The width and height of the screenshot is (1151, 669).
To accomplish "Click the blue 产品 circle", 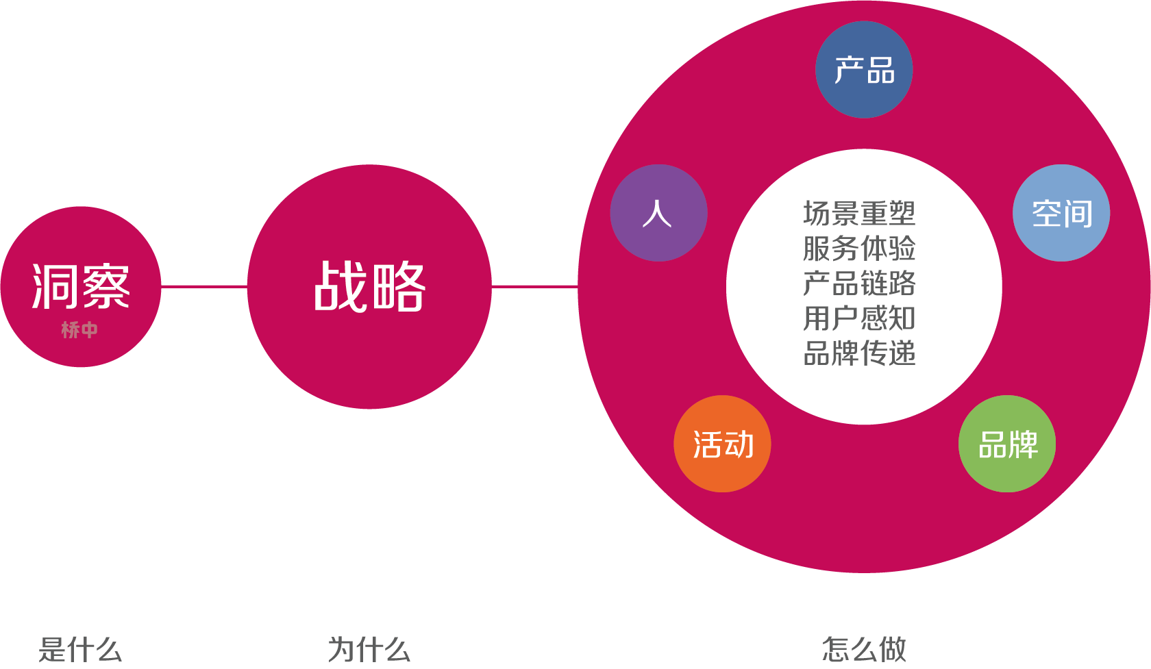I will (x=864, y=70).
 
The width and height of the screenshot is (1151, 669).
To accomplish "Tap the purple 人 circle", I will (x=658, y=213).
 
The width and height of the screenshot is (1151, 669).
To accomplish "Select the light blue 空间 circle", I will (x=1061, y=213).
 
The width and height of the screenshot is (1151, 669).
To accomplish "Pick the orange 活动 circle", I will (x=723, y=444).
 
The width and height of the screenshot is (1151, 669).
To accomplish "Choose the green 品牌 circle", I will (x=1007, y=444).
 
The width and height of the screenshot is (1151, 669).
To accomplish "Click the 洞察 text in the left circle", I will (x=81, y=286).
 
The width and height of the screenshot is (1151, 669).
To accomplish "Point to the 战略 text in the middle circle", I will (x=369, y=286).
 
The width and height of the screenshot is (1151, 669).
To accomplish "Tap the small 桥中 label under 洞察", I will (x=79, y=330).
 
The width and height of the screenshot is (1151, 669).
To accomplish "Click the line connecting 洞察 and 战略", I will (x=203, y=286).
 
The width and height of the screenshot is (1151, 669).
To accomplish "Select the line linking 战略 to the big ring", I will (x=534, y=286).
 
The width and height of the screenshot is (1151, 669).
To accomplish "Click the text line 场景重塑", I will (x=859, y=214).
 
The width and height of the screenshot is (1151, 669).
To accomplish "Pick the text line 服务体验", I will (x=859, y=249).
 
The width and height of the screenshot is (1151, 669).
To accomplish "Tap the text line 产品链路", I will (x=859, y=283).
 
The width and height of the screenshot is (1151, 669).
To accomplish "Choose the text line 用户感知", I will (x=859, y=318).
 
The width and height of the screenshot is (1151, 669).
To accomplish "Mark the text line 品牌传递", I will (x=859, y=353).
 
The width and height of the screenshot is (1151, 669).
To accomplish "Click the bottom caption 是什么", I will (x=80, y=649).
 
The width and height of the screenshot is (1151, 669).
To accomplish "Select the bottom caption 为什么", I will (x=369, y=649).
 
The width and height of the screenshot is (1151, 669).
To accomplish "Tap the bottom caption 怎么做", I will (x=864, y=649).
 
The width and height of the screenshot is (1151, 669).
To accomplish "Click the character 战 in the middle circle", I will (x=341, y=286).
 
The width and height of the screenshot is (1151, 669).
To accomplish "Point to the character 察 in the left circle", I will (x=106, y=286).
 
